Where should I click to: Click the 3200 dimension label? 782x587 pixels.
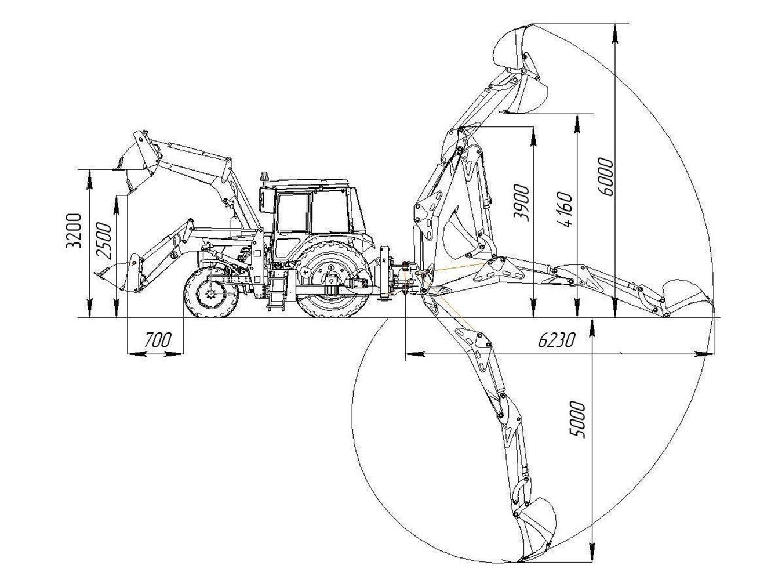click(74, 231)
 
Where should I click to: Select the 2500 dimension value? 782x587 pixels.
click(104, 241)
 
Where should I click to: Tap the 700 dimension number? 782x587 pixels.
click(158, 340)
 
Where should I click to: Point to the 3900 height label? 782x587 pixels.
click(521, 203)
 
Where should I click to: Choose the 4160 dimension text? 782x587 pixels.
click(564, 209)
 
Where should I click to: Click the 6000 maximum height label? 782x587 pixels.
click(606, 177)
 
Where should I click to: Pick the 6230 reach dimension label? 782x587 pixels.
click(556, 340)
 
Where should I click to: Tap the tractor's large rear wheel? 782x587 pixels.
click(333, 280)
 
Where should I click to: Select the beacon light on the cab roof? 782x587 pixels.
click(265, 177)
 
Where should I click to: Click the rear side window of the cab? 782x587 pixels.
click(329, 211)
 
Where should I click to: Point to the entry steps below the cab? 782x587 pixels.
click(277, 289)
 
